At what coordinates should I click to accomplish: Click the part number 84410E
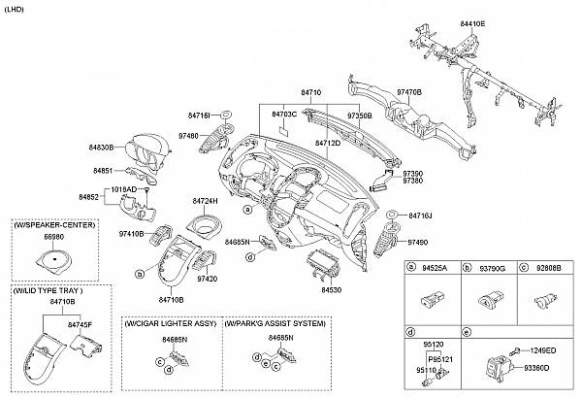pos(471,22)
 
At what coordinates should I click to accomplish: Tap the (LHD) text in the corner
pos(16,8)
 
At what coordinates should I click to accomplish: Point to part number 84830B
pos(102,148)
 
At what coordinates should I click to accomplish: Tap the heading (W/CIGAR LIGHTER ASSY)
pos(169,322)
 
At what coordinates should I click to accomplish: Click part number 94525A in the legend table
pos(436,267)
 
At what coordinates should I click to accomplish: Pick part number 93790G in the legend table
pos(492,267)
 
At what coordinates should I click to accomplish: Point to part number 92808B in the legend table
pos(548,267)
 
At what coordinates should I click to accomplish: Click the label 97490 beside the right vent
pos(417,242)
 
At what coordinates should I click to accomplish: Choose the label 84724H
pos(206,201)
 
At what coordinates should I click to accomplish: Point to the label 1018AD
pos(123,188)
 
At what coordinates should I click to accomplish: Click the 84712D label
pos(328,143)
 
